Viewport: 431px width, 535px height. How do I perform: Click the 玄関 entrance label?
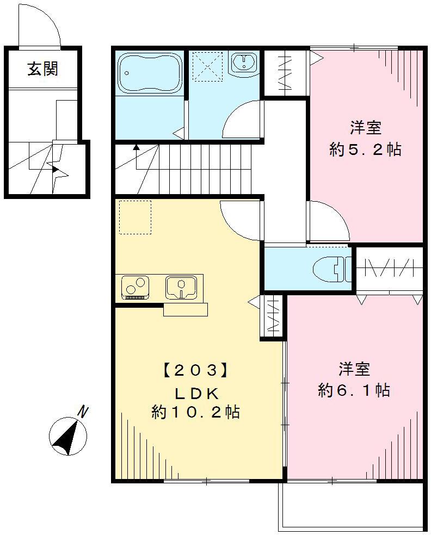43,70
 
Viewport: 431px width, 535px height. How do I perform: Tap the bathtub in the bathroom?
149,73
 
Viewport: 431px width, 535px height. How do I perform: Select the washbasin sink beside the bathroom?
243,63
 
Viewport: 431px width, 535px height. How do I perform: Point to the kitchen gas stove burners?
136,287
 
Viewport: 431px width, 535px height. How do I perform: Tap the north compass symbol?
67,436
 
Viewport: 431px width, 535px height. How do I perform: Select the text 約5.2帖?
366,150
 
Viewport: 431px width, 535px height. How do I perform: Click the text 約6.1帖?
354,390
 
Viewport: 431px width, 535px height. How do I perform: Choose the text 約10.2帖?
195,413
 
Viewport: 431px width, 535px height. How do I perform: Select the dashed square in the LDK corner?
135,217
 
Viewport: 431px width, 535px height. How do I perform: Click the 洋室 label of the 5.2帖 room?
365,128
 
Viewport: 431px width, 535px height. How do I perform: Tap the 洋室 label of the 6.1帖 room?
354,369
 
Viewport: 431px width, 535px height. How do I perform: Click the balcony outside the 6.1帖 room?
351,506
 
